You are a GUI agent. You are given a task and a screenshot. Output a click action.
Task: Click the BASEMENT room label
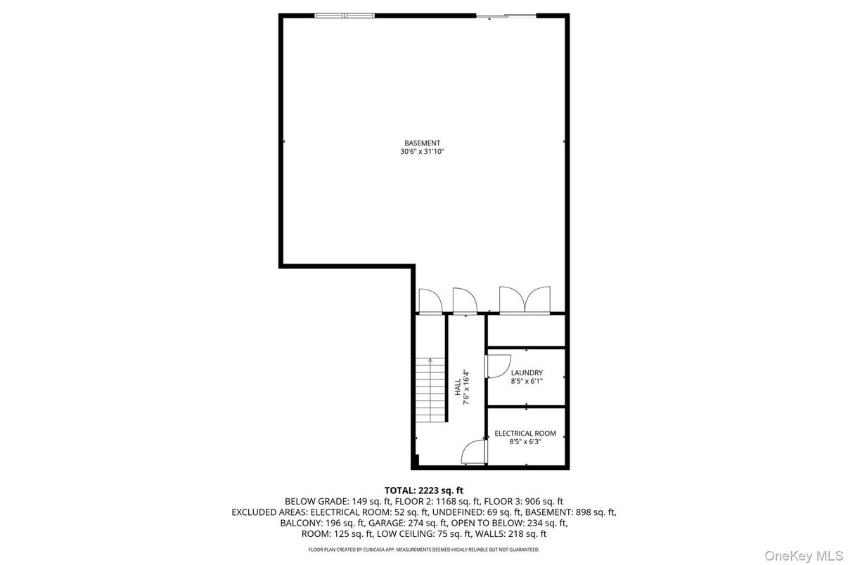tap(422, 143)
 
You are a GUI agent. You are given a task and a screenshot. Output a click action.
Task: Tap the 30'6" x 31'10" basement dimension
tap(422, 152)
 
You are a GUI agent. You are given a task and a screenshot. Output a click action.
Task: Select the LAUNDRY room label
tap(527, 372)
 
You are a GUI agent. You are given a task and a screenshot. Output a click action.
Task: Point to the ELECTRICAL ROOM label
tap(525, 434)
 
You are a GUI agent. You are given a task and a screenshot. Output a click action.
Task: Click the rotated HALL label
tap(457, 386)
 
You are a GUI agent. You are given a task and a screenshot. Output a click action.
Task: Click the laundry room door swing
tap(497, 366)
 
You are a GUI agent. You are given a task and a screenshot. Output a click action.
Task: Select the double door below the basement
tap(523, 299)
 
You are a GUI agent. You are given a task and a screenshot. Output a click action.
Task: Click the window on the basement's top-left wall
tap(345, 15)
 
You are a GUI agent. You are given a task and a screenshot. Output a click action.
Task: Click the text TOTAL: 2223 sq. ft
tap(423, 490)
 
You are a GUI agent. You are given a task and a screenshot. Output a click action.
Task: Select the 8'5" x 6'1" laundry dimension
tap(527, 382)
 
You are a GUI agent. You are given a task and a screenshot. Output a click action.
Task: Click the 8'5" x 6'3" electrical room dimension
tap(525, 442)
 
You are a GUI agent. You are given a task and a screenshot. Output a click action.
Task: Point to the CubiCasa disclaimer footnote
tap(423, 550)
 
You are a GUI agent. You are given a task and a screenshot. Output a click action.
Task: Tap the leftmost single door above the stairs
tap(429, 301)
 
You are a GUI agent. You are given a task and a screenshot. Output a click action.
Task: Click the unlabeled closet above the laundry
tap(526, 330)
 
